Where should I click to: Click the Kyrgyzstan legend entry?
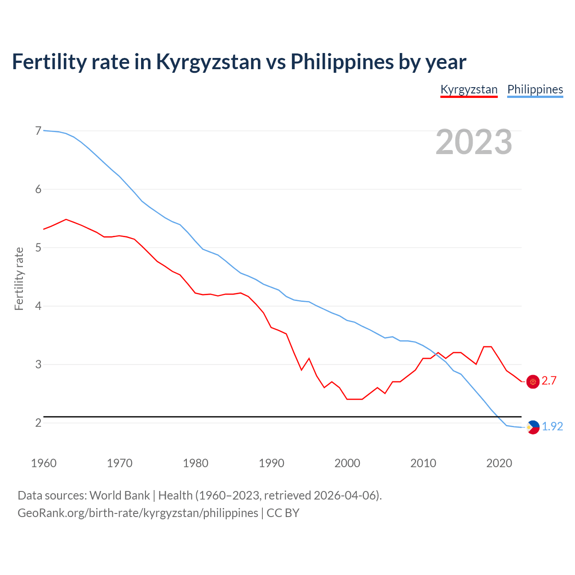click(x=469, y=89)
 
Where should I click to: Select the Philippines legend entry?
click(x=535, y=89)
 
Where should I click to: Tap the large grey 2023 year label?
click(x=473, y=142)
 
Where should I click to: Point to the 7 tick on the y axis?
click(x=38, y=131)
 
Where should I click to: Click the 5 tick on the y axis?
click(x=38, y=248)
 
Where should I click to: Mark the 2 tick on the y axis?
click(x=38, y=423)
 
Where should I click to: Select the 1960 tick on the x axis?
click(x=44, y=463)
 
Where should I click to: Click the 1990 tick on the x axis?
click(x=271, y=463)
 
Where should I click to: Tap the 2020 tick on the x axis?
click(x=499, y=463)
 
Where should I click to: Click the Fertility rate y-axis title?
click(x=19, y=279)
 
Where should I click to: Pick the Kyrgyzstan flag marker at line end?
click(x=533, y=381)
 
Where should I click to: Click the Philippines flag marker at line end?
click(x=533, y=427)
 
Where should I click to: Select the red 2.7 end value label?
click(x=549, y=381)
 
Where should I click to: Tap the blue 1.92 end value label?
click(x=552, y=427)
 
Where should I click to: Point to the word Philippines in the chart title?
click(x=341, y=62)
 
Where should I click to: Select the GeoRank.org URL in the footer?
click(x=138, y=513)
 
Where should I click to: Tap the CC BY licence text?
click(x=283, y=513)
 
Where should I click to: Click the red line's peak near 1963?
click(x=66, y=219)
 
